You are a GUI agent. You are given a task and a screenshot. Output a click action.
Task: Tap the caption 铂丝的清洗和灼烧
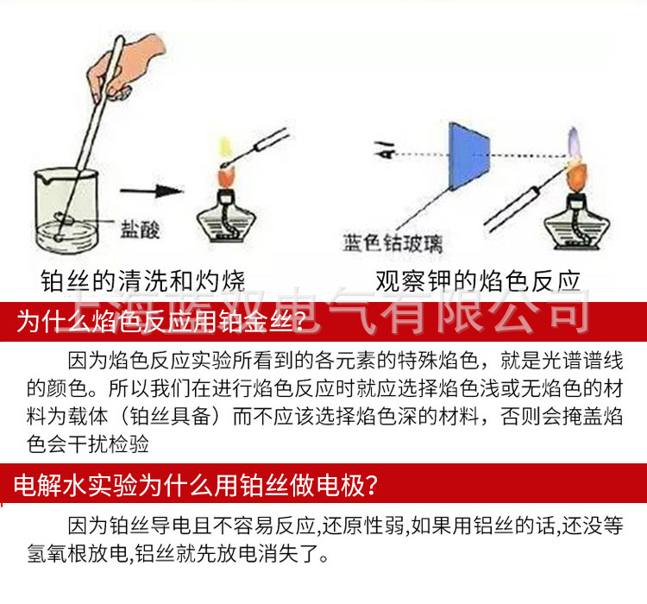tap(143, 280)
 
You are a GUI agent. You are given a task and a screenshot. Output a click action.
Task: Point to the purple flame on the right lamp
tap(573, 138)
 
